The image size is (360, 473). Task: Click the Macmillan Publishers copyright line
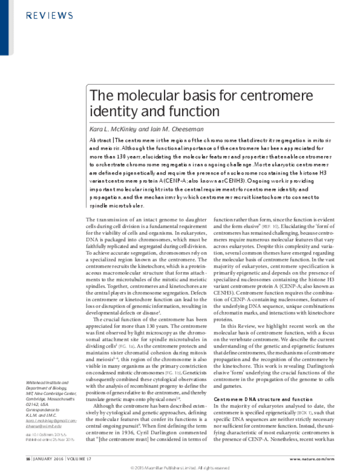179,467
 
